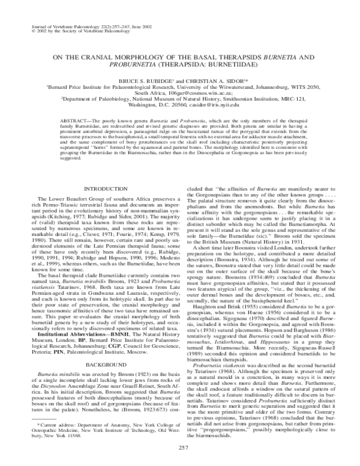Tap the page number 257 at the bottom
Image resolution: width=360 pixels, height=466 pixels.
coord(180,449)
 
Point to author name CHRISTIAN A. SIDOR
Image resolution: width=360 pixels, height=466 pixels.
coord(225,78)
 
